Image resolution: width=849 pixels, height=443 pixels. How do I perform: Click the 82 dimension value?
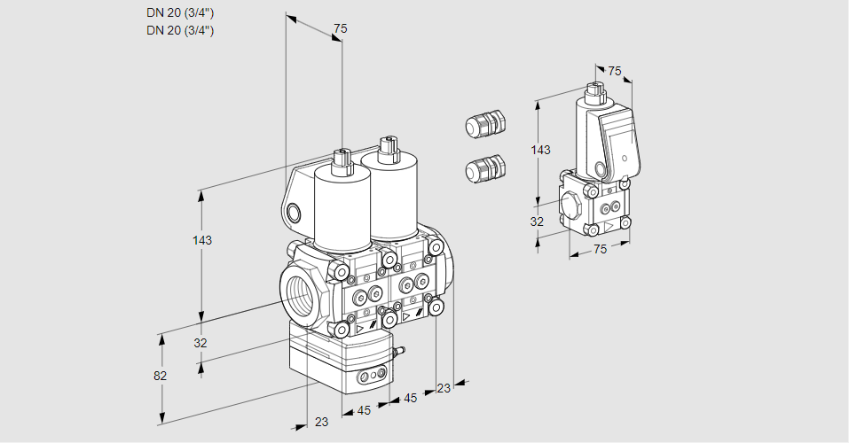(160, 376)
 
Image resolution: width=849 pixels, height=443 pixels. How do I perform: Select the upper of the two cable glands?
(485, 124)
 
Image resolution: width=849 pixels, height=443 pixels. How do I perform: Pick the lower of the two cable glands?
(485, 168)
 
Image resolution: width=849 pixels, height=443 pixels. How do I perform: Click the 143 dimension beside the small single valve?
(540, 150)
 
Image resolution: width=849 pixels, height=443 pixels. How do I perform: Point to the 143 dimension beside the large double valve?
(204, 240)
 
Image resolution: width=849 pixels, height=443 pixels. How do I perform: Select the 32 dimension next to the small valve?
(537, 221)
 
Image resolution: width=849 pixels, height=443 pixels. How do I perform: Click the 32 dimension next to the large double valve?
(200, 343)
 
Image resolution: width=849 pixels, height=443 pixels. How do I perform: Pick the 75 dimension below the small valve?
(600, 250)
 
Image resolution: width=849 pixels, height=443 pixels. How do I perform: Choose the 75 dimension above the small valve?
(615, 71)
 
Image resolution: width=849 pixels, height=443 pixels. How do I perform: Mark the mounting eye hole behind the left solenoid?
(294, 211)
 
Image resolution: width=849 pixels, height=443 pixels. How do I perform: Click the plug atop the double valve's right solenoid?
(386, 147)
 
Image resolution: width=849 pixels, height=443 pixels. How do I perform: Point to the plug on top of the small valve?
(594, 89)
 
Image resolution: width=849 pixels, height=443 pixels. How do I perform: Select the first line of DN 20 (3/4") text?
(180, 12)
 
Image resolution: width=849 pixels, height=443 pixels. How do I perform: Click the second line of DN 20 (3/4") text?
(180, 30)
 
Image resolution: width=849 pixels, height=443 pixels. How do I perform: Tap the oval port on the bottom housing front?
(371, 379)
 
